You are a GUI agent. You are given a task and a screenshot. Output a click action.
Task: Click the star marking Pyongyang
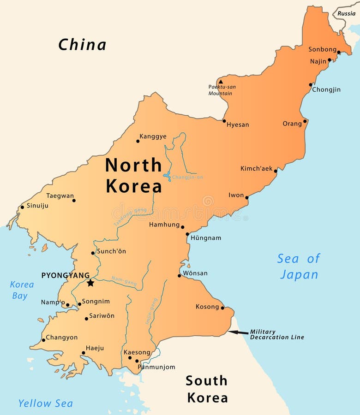pyautogui.click(x=90, y=283)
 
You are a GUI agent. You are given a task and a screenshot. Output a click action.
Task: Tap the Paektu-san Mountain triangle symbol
pyautogui.click(x=221, y=82)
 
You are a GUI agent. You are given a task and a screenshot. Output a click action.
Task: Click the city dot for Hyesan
pyautogui.click(x=224, y=121)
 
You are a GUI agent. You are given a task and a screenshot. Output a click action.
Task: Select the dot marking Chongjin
pyautogui.click(x=311, y=85)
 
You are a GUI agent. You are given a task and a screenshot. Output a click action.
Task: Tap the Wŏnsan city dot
pyautogui.click(x=180, y=276)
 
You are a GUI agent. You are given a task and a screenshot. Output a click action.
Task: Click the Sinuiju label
pyautogui.click(x=37, y=206)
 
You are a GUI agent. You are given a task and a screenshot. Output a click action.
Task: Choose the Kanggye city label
pyautogui.click(x=153, y=136)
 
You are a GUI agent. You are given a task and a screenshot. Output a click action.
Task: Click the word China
pyautogui.click(x=82, y=45)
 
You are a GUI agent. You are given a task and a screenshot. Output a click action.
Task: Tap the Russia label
pyautogui.click(x=346, y=13)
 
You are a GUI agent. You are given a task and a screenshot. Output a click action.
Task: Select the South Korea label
pyautogui.click(x=207, y=389)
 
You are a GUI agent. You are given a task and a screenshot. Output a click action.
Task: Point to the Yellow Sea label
pyautogui.click(x=45, y=403)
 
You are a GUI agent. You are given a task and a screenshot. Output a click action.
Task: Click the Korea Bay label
pyautogui.click(x=21, y=290)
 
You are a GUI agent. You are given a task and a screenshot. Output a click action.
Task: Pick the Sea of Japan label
pyautogui.click(x=299, y=267)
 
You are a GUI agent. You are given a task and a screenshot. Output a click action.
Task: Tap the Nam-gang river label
pyautogui.click(x=124, y=281)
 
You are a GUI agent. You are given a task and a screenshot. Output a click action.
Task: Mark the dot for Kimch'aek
pyautogui.click(x=276, y=171)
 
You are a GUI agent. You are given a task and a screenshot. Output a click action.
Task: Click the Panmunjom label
pyautogui.click(x=156, y=367)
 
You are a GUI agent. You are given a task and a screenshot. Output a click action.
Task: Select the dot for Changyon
pyautogui.click(x=43, y=340)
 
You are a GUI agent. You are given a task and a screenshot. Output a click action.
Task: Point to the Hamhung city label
pyautogui.click(x=164, y=225)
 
